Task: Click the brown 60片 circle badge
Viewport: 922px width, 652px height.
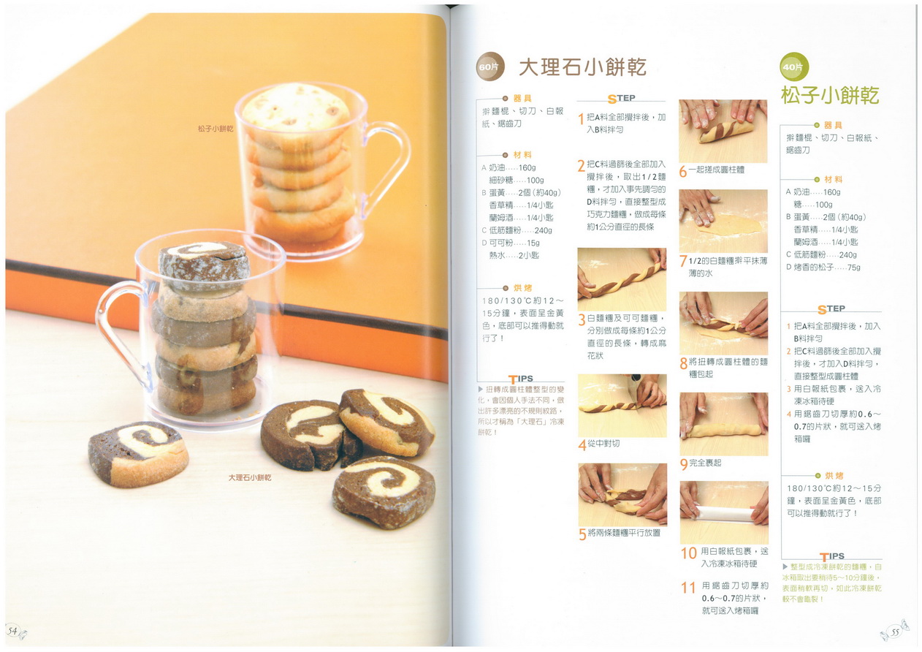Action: click(490, 67)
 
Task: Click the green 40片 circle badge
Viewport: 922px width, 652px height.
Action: click(793, 67)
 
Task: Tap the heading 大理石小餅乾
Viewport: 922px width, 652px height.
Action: click(582, 67)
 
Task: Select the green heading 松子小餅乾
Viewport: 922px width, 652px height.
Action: click(830, 96)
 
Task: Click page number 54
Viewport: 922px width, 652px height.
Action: click(12, 631)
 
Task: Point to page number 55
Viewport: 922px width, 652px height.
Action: click(895, 632)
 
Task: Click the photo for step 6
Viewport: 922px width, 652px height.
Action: click(723, 131)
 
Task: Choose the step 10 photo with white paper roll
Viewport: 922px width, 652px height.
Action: click(723, 512)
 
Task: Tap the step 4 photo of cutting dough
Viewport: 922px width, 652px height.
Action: click(622, 406)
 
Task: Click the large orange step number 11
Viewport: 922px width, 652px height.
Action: click(687, 588)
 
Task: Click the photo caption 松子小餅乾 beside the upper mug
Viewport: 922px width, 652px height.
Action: click(216, 129)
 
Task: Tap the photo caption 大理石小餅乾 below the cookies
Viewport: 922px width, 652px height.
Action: click(250, 478)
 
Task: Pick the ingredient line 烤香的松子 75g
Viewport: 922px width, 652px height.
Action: click(823, 268)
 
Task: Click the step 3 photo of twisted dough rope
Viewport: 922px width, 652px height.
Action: click(622, 279)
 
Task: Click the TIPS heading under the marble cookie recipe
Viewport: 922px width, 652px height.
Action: click(521, 379)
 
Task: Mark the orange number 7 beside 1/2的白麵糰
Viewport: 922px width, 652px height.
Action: click(683, 261)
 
